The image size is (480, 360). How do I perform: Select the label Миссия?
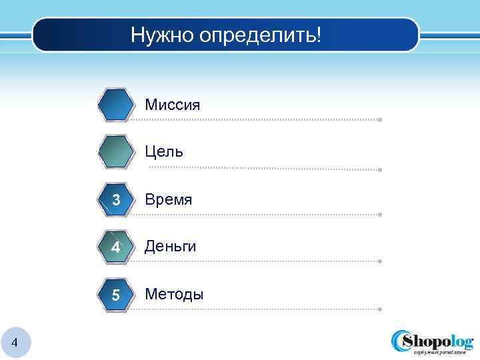tap(172, 105)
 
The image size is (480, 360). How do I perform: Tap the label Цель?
tap(164, 152)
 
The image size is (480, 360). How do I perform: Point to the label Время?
tap(169, 199)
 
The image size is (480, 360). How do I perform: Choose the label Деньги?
tap(171, 247)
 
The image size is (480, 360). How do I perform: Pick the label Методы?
tap(174, 294)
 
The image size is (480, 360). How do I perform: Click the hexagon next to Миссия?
tap(116, 105)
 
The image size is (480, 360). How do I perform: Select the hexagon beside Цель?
tap(116, 152)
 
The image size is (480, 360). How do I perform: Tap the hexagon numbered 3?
tap(116, 199)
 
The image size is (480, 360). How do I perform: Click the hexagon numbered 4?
tap(116, 247)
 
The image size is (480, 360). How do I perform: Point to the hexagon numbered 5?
tap(116, 294)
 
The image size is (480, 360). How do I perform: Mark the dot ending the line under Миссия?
tap(379, 120)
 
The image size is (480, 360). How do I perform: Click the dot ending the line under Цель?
tap(379, 170)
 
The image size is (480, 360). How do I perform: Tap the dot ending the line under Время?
tap(379, 215)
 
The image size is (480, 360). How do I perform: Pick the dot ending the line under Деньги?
tap(379, 261)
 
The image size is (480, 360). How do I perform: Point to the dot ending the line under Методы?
tap(379, 309)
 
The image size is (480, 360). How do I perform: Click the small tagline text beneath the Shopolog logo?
tap(442, 353)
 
